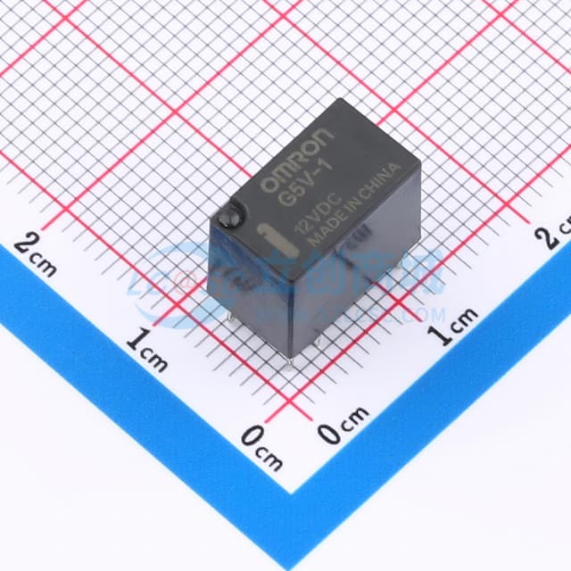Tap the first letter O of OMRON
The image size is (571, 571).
pyautogui.click(x=267, y=184)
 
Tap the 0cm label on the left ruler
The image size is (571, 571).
pyautogui.click(x=261, y=447)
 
